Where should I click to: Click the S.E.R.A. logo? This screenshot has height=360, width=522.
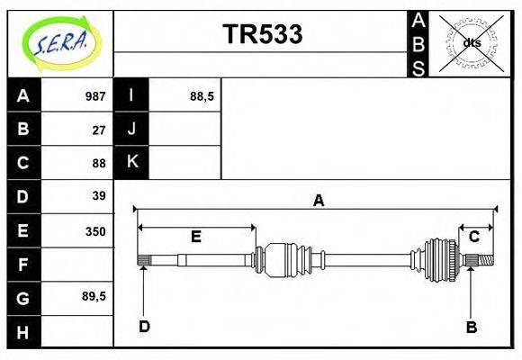(60, 42)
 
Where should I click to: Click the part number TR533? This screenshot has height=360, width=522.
(262, 35)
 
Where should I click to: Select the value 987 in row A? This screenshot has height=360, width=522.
(94, 95)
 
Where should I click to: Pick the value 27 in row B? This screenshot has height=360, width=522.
(99, 129)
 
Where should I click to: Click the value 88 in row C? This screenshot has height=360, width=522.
(99, 163)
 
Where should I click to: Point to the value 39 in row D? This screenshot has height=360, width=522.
(99, 196)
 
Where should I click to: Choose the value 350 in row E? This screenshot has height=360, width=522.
(94, 230)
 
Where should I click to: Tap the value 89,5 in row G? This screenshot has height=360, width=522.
(94, 296)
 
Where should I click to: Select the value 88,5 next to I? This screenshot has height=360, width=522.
(202, 95)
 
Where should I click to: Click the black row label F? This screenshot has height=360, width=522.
(23, 265)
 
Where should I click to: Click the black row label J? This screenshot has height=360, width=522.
(131, 129)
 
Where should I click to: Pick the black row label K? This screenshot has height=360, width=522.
(131, 162)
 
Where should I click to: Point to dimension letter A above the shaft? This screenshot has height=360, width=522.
(317, 201)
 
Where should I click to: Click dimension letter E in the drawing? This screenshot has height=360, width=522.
(195, 237)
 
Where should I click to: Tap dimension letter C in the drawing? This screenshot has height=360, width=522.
(473, 237)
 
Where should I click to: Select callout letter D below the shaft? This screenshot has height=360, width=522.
(144, 326)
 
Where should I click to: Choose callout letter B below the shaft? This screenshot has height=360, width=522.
(471, 327)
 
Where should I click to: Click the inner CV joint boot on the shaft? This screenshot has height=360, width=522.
(288, 259)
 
